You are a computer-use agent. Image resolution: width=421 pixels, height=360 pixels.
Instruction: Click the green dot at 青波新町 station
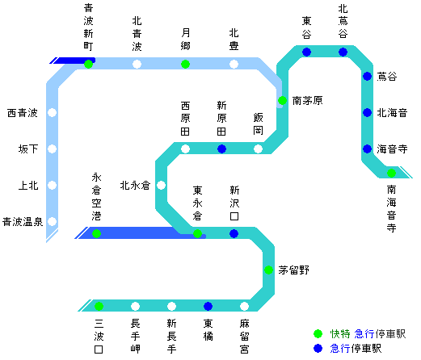point(88,64)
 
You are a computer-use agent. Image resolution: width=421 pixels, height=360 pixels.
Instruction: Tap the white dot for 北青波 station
point(137,64)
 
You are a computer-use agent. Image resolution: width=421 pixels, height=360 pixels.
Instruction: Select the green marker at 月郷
point(185,64)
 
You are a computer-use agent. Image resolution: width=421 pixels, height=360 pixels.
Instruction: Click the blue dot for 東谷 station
point(306,52)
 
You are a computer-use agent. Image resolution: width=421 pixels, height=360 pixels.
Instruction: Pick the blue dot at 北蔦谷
point(343,52)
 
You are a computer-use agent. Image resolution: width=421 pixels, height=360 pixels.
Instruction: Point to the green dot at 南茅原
point(282,100)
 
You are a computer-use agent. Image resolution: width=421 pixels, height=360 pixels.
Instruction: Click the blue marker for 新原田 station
point(221,149)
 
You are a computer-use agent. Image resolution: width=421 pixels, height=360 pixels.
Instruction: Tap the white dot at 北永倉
point(161,185)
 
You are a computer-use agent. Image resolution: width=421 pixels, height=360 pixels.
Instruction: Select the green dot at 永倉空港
point(96,233)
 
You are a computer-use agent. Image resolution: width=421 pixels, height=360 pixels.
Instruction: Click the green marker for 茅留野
point(268,270)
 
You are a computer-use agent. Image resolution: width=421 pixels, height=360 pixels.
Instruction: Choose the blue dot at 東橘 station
point(208,306)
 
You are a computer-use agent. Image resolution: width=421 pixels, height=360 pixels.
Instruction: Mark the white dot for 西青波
point(52,112)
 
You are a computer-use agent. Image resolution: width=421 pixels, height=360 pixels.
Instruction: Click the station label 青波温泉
point(23,221)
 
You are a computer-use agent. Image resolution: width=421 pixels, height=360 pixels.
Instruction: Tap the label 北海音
point(392,112)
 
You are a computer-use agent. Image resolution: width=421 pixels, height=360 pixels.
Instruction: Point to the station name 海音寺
point(392,149)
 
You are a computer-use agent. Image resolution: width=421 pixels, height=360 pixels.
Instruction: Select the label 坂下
point(28,149)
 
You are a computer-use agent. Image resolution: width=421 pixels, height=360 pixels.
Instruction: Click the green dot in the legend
point(318,333)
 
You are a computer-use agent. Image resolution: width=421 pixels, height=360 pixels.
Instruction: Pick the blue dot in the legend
point(318,348)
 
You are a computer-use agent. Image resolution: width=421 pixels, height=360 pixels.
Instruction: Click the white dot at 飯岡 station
point(258,149)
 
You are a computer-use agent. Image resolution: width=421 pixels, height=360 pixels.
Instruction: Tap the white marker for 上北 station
point(52,185)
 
